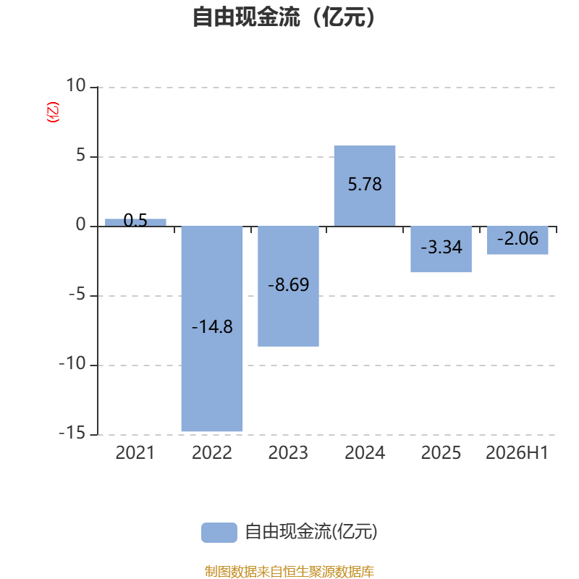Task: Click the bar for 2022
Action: click(x=212, y=329)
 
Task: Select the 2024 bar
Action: click(x=365, y=186)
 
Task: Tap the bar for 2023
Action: click(x=288, y=286)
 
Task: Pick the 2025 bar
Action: click(x=441, y=249)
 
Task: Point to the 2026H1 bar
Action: click(x=517, y=240)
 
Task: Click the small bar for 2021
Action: click(x=135, y=222)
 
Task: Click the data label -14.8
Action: click(x=212, y=327)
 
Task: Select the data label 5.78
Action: click(x=365, y=185)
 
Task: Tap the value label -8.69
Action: click(x=288, y=284)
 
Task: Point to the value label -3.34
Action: click(x=441, y=247)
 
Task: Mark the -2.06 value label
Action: click(x=517, y=239)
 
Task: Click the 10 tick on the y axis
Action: click(x=76, y=85)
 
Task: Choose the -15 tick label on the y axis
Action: click(x=72, y=433)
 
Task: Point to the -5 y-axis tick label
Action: click(x=77, y=295)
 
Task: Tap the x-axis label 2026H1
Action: click(x=517, y=453)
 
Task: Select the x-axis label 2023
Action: click(x=288, y=453)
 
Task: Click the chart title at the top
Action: click(x=284, y=17)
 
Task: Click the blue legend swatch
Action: click(x=219, y=533)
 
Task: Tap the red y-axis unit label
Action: click(x=52, y=112)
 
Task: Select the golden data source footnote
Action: click(x=289, y=571)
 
